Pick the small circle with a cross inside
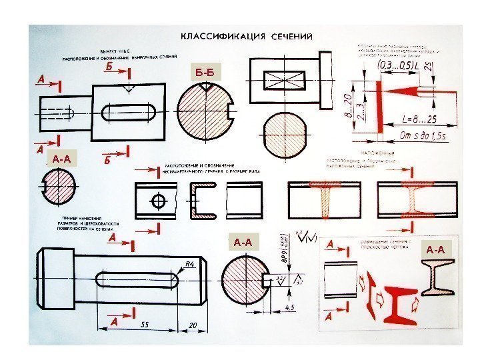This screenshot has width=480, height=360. (x=159, y=201)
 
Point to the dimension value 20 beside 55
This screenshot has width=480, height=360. (x=192, y=325)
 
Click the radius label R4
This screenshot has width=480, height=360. (x=189, y=265)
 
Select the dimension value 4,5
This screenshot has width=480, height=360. (x=290, y=307)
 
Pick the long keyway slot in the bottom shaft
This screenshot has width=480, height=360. (x=137, y=279)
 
